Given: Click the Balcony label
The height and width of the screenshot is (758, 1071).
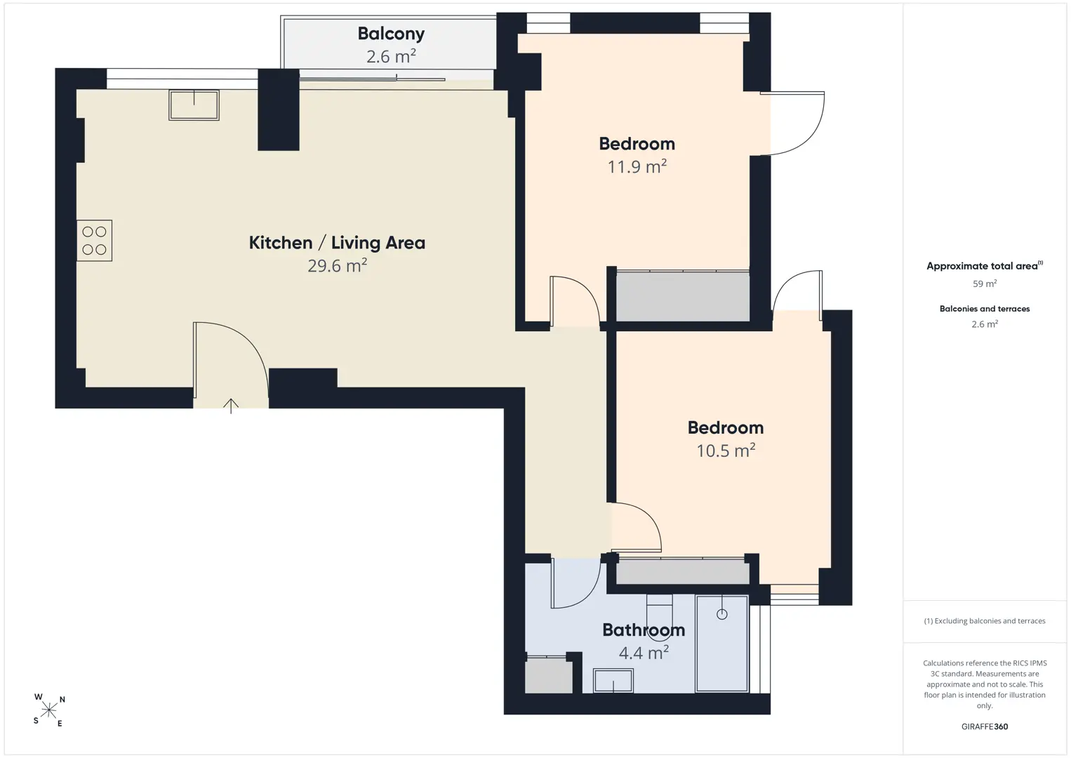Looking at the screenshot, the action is click(391, 34).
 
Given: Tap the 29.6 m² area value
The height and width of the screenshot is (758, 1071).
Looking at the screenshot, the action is click(337, 265).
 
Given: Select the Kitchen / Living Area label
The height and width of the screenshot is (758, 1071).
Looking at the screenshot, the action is click(337, 242).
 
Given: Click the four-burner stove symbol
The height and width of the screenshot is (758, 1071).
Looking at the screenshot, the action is click(94, 241).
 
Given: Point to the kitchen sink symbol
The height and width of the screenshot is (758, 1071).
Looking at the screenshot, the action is click(194, 105).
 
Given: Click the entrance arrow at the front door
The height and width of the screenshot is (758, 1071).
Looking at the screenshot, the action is click(231, 406).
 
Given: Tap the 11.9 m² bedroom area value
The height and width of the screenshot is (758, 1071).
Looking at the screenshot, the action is click(637, 166).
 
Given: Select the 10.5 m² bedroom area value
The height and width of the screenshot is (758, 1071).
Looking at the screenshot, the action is click(725, 451).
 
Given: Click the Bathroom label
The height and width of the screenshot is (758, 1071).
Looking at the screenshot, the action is click(644, 630).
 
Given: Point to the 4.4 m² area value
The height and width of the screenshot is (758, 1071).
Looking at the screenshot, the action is click(644, 653).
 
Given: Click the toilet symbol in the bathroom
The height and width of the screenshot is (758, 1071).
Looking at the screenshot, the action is click(659, 618).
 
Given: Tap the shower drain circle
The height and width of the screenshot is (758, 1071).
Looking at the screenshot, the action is click(722, 615).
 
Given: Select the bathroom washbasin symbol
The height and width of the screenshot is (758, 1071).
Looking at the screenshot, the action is click(613, 681).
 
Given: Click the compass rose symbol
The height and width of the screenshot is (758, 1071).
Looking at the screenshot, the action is click(48, 710).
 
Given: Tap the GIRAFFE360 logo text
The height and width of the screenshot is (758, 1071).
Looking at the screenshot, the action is click(985, 726).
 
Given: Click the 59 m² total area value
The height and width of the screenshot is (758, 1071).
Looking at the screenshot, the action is click(985, 284).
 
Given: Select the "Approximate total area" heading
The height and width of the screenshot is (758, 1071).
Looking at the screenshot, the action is click(985, 266).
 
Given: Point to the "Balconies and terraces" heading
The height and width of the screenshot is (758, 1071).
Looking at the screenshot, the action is click(985, 309).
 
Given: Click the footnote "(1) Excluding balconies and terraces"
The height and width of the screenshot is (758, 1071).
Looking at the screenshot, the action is click(985, 620).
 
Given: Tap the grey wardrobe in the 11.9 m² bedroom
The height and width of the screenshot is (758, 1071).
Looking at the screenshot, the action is click(682, 296).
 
